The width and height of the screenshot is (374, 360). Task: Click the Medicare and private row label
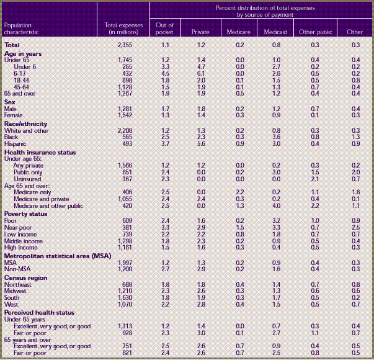(x=42, y=199)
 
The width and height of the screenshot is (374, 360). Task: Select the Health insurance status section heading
(x=40, y=151)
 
